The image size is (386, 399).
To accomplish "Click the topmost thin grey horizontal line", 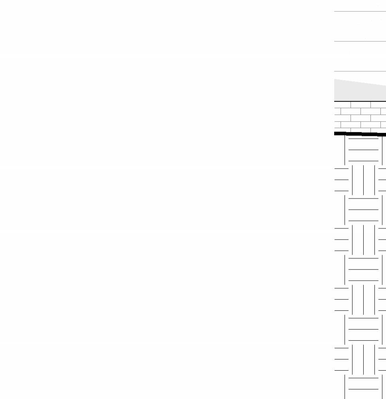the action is pyautogui.click(x=359, y=12).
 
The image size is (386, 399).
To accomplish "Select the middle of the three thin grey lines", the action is pyautogui.click(x=359, y=41).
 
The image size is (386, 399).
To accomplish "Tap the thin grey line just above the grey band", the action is pyautogui.click(x=359, y=71).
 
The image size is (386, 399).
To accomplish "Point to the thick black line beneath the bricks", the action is pyautogui.click(x=359, y=134).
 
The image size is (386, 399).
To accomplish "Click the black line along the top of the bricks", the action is pyautogui.click(x=359, y=101).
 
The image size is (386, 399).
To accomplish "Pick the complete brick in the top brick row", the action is pyautogui.click(x=360, y=105).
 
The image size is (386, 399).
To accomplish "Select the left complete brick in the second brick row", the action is pyautogui.click(x=351, y=111).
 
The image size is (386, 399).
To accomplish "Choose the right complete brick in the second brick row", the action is pyautogui.click(x=370, y=111).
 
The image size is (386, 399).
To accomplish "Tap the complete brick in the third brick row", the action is pyautogui.click(x=360, y=118).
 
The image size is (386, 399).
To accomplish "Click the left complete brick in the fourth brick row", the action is pyautogui.click(x=351, y=124).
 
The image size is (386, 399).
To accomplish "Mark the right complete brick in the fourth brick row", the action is pyautogui.click(x=370, y=124).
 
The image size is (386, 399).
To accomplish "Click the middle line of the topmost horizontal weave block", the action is pyautogui.click(x=363, y=150).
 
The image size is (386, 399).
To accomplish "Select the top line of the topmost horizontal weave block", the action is pyautogui.click(x=363, y=139).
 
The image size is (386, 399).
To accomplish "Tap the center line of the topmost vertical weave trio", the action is pyautogui.click(x=363, y=180).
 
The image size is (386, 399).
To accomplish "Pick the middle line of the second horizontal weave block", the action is pyautogui.click(x=363, y=209).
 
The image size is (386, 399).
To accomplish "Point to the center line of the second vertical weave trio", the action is pyautogui.click(x=363, y=240).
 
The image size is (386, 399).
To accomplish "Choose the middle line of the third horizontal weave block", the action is pyautogui.click(x=363, y=269).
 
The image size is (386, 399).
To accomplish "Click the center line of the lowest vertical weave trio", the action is pyautogui.click(x=363, y=359).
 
